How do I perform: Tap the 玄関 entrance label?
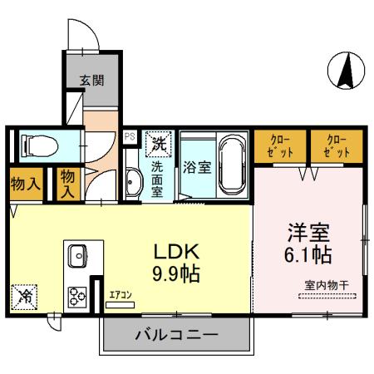pos(91,81)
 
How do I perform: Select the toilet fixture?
pos(38,145)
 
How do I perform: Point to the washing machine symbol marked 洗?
pos(157,142)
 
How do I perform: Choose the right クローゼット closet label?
pos(336,146)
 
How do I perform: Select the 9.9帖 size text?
pos(175,273)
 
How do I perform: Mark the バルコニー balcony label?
pos(176,335)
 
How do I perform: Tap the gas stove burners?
pos(80,295)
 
